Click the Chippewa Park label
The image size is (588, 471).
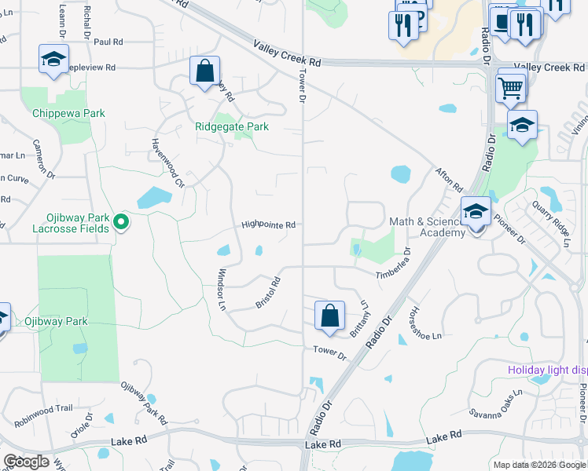pyautogui.click(x=68, y=114)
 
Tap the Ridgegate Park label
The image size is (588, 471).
pyautogui.click(x=232, y=126)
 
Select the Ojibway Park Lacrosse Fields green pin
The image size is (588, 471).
pyautogui.click(x=120, y=223)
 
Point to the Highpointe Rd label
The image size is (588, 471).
pyautogui.click(x=268, y=225)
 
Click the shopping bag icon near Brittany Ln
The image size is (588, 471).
pyautogui.click(x=330, y=316)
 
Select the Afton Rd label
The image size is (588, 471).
pyautogui.click(x=450, y=179)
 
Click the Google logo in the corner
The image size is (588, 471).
pyautogui.click(x=26, y=462)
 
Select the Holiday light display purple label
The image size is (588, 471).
pyautogui.click(x=547, y=370)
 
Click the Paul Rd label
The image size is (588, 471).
pyautogui.click(x=108, y=42)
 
